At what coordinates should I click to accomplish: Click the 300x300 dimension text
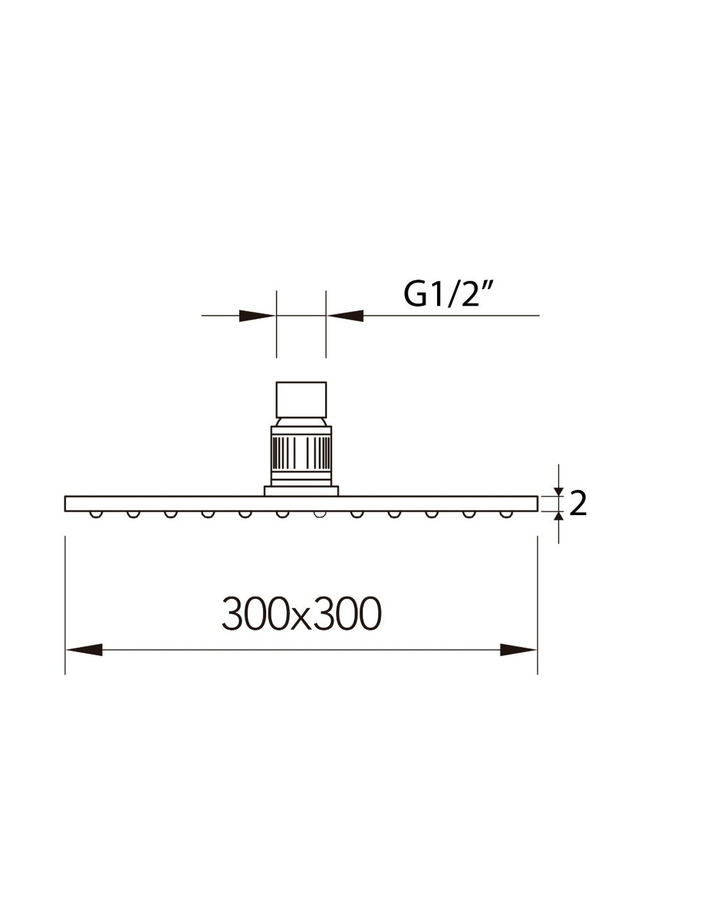point(301,614)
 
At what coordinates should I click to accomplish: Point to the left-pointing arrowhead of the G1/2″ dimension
point(345,315)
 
